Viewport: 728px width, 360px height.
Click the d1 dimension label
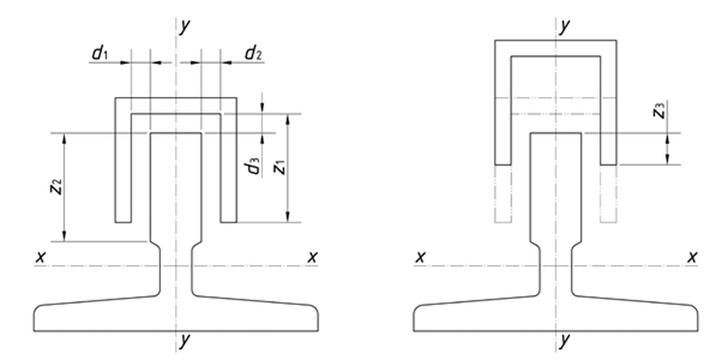pyautogui.click(x=100, y=53)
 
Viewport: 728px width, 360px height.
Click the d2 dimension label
pyautogui.click(x=253, y=53)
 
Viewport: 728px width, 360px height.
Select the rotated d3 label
pyautogui.click(x=252, y=166)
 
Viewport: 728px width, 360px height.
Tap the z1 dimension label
pyautogui.click(x=279, y=167)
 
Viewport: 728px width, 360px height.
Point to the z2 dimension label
pyautogui.click(x=56, y=187)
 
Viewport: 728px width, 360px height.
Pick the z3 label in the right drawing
pyautogui.click(x=659, y=110)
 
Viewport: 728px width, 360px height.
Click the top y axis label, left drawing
pyautogui.click(x=185, y=26)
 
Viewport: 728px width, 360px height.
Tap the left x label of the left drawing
pyautogui.click(x=40, y=257)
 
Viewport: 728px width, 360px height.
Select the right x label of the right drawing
pyautogui.click(x=692, y=257)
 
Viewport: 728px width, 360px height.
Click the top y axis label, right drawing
pyautogui.click(x=565, y=26)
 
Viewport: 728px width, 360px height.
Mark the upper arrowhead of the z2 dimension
pyautogui.click(x=64, y=138)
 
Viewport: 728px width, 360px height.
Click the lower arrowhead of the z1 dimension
pyautogui.click(x=288, y=217)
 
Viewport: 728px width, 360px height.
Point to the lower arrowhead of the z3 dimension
pyautogui.click(x=667, y=159)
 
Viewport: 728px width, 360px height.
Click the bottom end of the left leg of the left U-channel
pyautogui.click(x=123, y=222)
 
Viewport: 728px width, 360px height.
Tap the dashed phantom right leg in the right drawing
pyautogui.click(x=608, y=194)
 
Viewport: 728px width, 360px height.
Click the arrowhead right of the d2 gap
pyautogui.click(x=226, y=62)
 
